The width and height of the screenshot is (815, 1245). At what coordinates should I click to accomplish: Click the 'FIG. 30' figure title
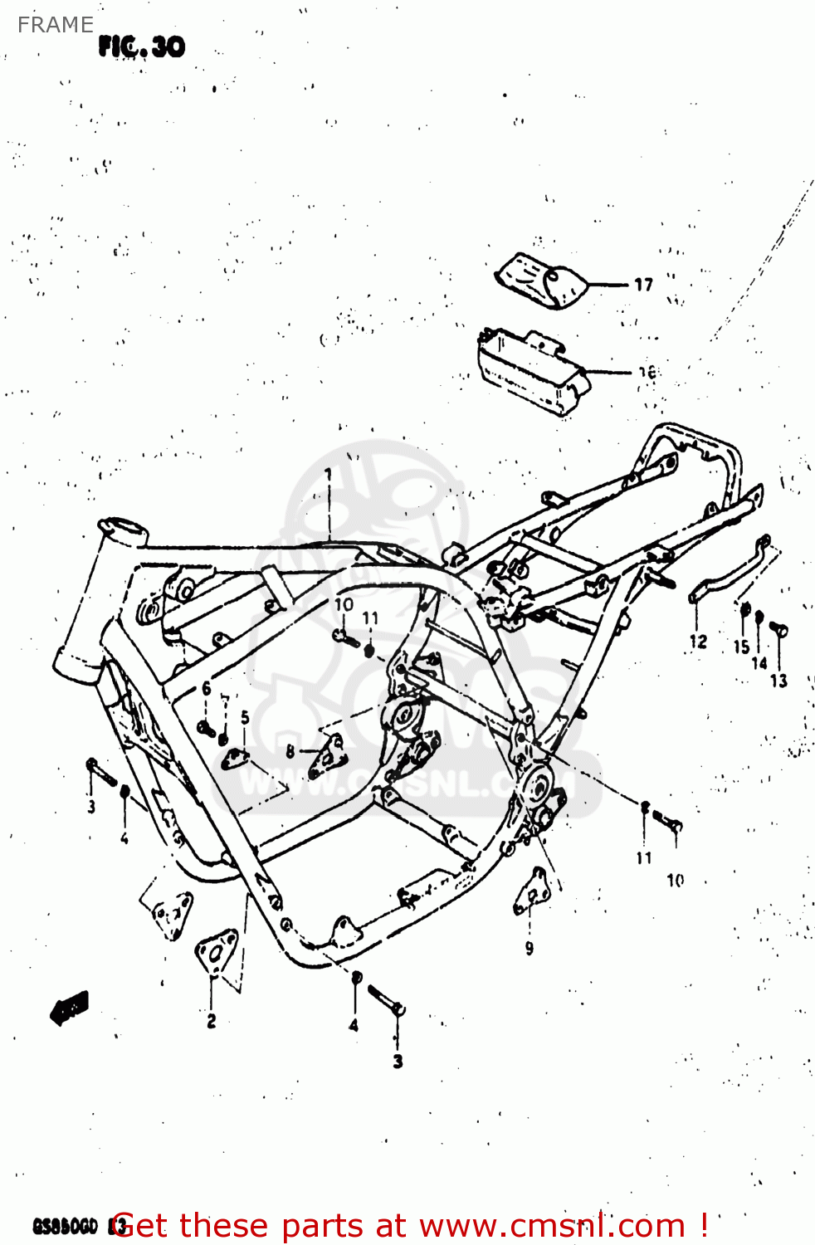coord(142,46)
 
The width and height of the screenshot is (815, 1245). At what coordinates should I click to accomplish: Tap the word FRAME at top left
coord(55,25)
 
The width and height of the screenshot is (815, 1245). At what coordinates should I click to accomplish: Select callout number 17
coord(644,285)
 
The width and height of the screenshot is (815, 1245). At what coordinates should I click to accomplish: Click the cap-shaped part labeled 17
coord(542,280)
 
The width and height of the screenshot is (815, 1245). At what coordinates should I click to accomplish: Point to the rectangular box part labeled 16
coord(531,372)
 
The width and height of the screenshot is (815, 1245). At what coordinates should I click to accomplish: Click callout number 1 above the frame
coord(329,474)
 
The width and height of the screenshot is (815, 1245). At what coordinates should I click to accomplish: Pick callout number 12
coord(698,641)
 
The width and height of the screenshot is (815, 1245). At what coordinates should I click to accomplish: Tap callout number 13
coord(778,681)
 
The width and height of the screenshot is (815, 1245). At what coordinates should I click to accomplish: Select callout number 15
coord(741,646)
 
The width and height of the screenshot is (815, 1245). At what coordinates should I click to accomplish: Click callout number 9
coord(530,948)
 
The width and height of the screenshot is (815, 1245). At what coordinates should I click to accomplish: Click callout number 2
coord(212,1020)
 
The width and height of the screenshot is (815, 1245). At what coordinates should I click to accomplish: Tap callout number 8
coord(290,751)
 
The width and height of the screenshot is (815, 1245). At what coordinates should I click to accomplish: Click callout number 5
coord(245,717)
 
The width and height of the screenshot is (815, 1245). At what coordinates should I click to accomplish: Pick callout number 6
coord(207,689)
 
